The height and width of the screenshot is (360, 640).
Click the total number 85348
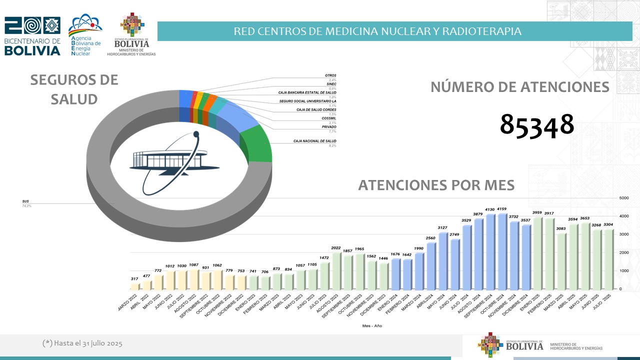[x=537, y=124]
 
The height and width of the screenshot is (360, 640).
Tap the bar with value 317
[x=134, y=286]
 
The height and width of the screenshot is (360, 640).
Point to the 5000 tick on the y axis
[x=623, y=198]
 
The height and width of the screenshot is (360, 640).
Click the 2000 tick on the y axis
[x=623, y=252]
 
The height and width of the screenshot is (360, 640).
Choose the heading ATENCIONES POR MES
[x=436, y=185]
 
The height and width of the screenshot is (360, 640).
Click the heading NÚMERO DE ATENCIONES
[x=519, y=87]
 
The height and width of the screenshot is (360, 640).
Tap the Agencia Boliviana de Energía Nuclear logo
[x=85, y=35]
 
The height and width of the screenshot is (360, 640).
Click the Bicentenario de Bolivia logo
[x=32, y=36]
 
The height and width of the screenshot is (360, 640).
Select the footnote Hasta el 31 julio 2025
[x=82, y=343]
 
